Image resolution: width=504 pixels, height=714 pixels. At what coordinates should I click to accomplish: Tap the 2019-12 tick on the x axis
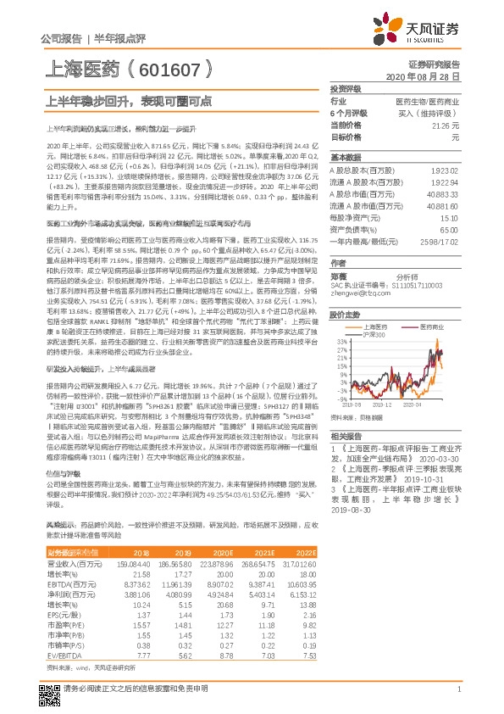[x=382, y=406]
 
